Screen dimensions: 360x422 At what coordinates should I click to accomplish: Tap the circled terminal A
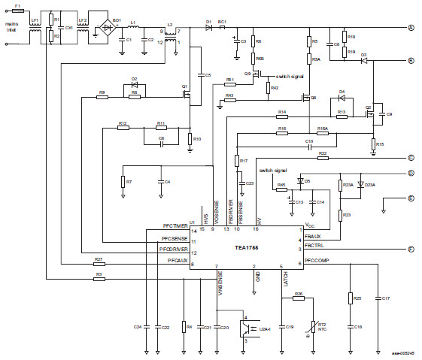pyautogui.click(x=411, y=28)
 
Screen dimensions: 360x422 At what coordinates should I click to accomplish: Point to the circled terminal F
pyautogui.click(x=411, y=249)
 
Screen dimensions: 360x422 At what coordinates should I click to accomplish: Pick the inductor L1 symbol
pyautogui.click(x=133, y=28)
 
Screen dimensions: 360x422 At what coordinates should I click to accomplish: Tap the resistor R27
pyautogui.click(x=99, y=264)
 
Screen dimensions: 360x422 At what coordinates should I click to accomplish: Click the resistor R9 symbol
pyautogui.click(x=102, y=96)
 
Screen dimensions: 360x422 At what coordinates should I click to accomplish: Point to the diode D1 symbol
pyautogui.click(x=208, y=27)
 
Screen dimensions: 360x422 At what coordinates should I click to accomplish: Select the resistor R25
pyautogui.click(x=350, y=298)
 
